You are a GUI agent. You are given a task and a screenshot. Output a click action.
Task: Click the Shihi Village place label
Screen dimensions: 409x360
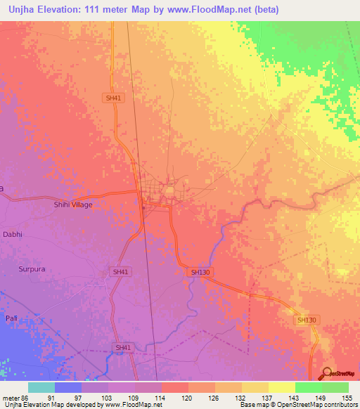pos(73,204)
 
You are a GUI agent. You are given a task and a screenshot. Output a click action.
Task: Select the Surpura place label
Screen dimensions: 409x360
pos(32,268)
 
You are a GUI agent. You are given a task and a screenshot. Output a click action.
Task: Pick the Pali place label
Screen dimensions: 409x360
pos(11,318)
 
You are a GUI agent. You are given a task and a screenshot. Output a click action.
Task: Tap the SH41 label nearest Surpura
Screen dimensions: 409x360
pos(121,271)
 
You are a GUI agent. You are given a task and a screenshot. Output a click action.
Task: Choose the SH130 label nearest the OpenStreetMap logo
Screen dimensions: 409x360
pos(307,320)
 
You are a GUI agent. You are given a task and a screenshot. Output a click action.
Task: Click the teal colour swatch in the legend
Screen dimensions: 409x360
pos(41,387)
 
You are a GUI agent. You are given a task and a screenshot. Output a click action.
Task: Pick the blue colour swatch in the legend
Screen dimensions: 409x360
pos(68,387)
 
